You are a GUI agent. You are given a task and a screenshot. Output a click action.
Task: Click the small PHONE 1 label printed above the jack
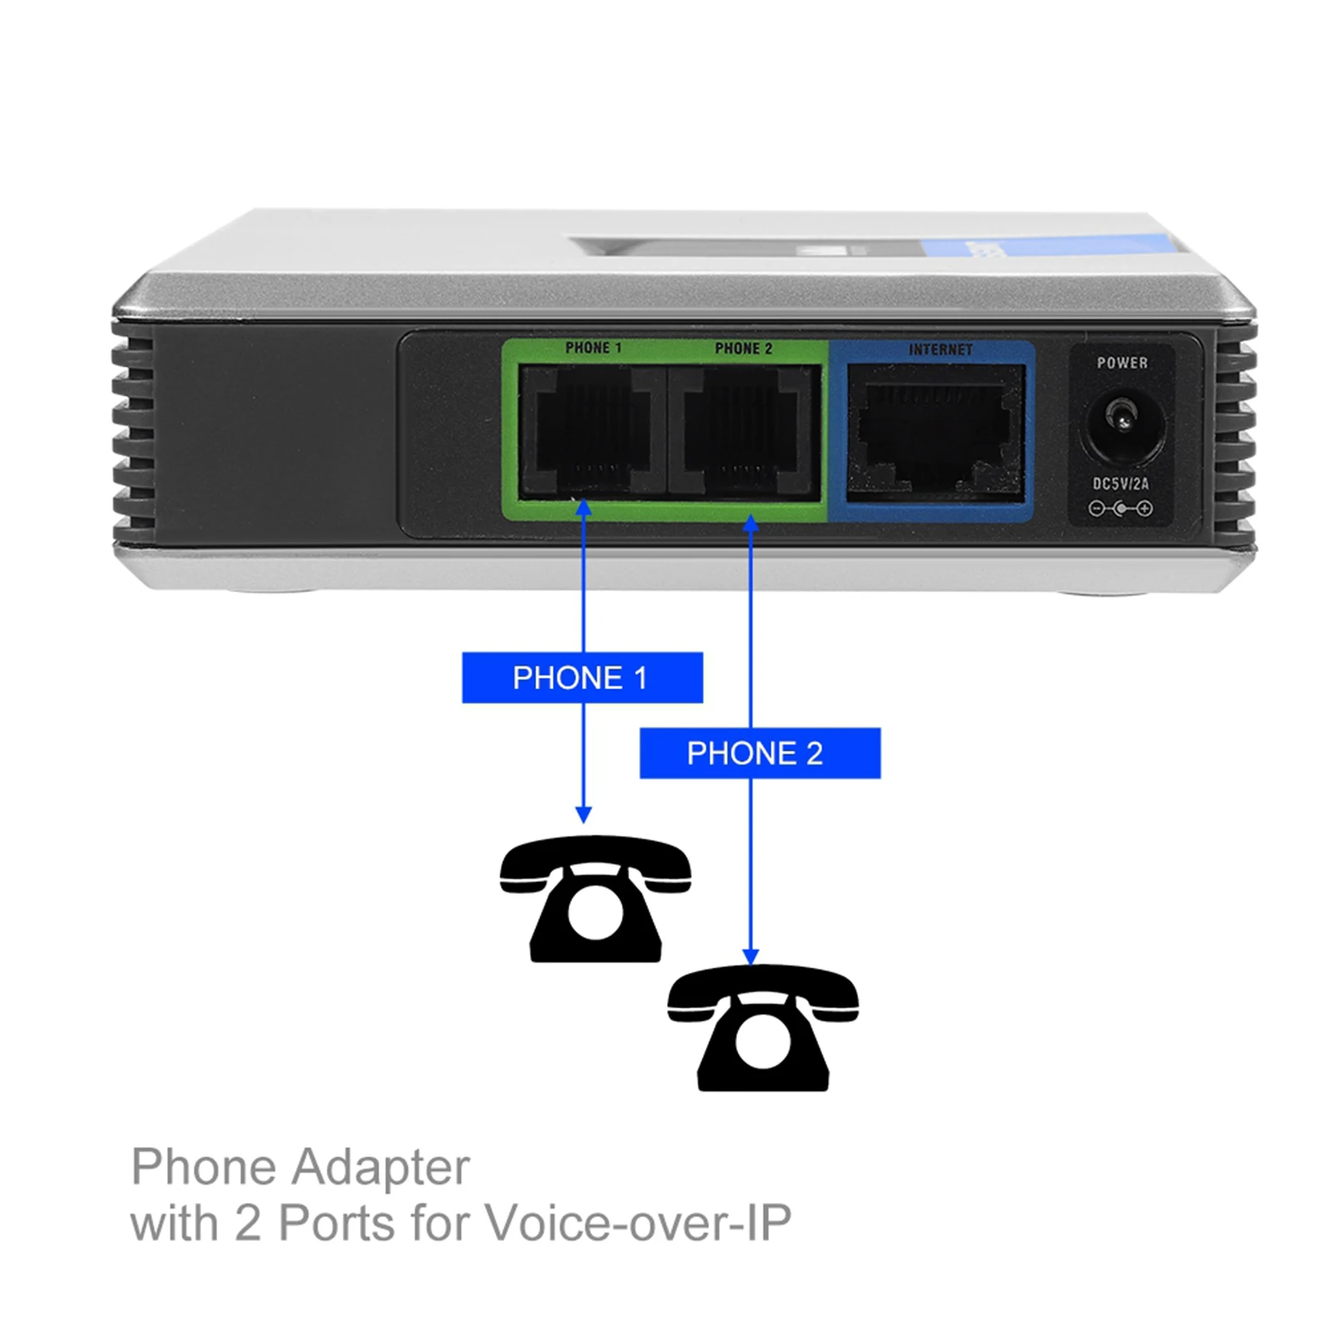tap(593, 348)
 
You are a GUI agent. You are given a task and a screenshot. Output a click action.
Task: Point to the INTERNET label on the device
tap(940, 350)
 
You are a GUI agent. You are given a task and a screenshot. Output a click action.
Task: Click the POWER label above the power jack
tap(1121, 362)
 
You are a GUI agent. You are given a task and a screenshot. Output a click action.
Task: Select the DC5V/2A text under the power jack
tap(1121, 484)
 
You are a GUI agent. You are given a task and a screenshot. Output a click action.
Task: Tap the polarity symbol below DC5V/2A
tap(1121, 509)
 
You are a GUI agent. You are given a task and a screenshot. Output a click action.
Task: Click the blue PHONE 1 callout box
tap(582, 678)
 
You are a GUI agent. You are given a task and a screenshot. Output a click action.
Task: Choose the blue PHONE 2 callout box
tap(759, 753)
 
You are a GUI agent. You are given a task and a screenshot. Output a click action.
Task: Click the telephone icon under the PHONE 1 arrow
tap(595, 900)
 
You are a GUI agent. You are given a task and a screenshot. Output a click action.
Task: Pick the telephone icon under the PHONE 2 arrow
tap(762, 1028)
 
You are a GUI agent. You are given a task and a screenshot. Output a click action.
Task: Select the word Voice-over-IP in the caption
tap(638, 1223)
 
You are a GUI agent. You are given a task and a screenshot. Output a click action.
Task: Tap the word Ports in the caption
tap(337, 1223)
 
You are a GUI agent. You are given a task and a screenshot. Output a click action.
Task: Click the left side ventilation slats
tap(132, 432)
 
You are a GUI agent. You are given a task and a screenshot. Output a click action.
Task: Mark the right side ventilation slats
tap(1235, 432)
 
